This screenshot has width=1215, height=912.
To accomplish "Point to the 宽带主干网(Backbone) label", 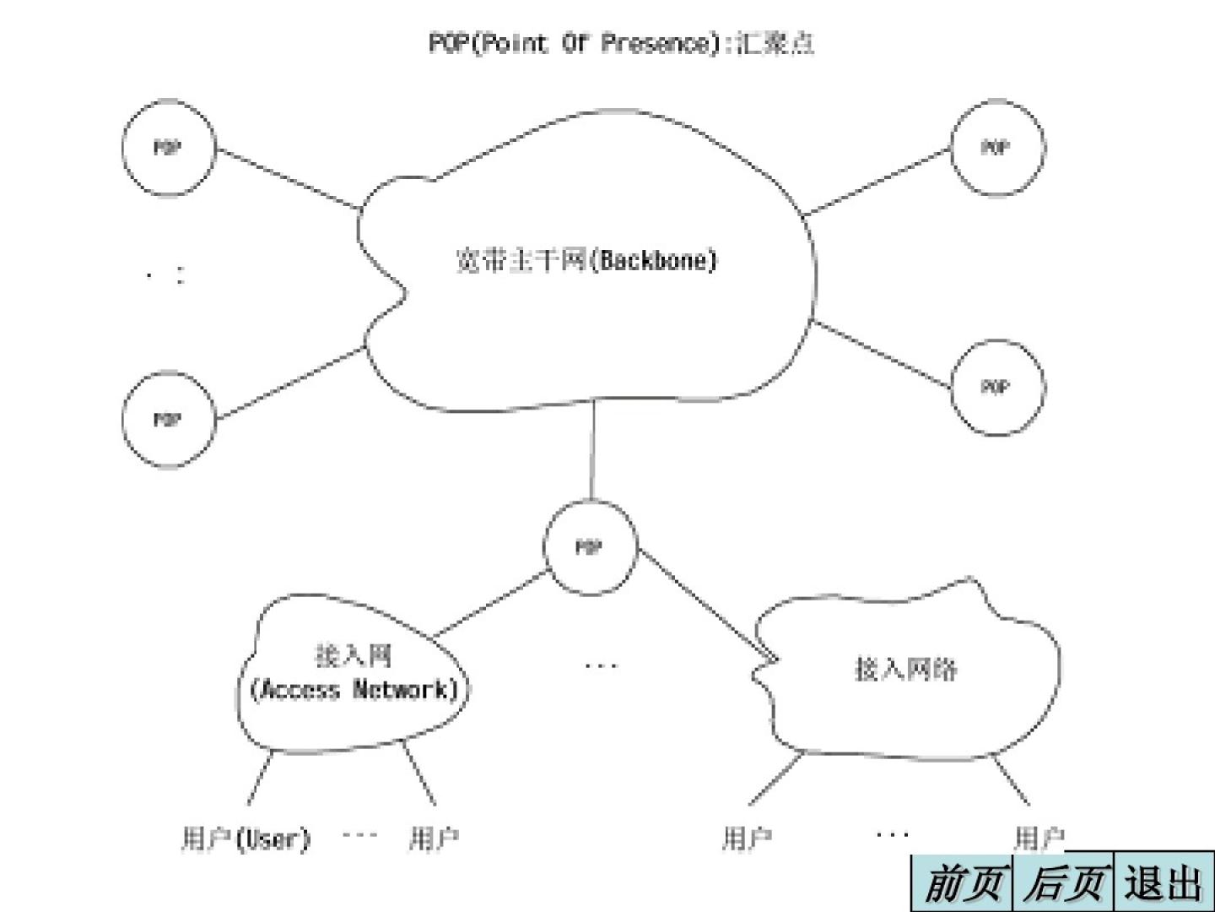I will coord(586,259).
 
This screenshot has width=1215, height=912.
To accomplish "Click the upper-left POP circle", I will coord(168,149).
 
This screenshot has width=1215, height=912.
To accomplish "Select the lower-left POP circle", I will coord(168,420).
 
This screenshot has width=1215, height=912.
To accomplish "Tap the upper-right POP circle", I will coord(996,149).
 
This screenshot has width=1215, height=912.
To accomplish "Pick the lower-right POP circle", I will coord(996,388).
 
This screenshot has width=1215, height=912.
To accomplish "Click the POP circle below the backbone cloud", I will coord(589,547).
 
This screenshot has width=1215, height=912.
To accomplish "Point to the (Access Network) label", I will coord(354,690).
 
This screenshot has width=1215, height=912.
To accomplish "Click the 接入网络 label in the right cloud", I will coord(906,670).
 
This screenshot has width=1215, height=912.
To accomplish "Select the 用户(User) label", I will coord(246,839).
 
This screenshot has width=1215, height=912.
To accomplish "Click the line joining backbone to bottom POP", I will coord(592,449).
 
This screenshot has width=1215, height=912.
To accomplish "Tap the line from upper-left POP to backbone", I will coord(287,179).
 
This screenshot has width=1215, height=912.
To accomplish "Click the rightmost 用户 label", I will coord(1038,839).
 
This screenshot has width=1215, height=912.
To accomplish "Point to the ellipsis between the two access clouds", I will coord(601,666).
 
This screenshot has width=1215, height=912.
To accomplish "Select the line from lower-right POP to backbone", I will coord(882,354).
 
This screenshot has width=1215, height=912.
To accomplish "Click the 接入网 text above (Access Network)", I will coord(354,655).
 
